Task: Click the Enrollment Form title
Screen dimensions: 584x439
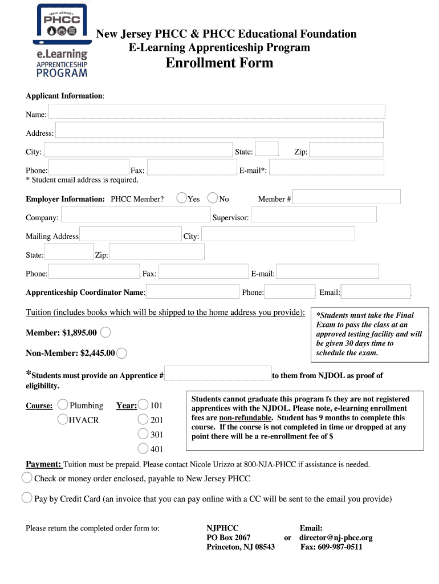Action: pos(219,63)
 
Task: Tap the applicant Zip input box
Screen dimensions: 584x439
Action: pos(347,150)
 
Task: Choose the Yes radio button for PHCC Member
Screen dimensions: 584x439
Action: pos(181,198)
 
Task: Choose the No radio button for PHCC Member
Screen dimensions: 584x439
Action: pos(213,198)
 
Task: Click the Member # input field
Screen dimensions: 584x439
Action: pos(347,197)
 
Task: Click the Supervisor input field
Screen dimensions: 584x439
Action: pos(314,214)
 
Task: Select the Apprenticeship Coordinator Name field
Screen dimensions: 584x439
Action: pos(193,291)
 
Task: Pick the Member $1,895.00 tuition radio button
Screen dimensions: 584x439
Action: pos(105,332)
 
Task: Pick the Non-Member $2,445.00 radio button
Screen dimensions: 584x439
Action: pos(121,353)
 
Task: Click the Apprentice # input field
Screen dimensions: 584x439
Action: pos(218,374)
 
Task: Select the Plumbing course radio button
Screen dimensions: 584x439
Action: pos(63,405)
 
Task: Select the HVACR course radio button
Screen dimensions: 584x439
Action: pos(63,420)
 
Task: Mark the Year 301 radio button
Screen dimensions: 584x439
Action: pos(144,435)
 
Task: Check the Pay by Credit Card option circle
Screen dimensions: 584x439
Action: pos(27,498)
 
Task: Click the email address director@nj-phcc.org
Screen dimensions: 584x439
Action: pos(336,538)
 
